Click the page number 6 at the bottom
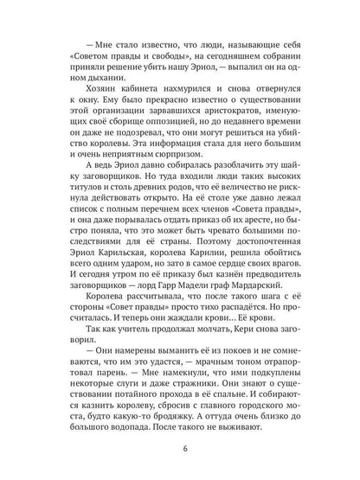pyautogui.click(x=180, y=448)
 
